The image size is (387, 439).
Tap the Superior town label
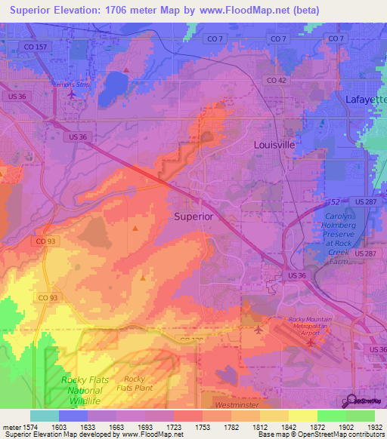(193, 216)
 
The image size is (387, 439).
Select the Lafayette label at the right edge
(366, 99)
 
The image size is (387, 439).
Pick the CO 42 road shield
(276, 80)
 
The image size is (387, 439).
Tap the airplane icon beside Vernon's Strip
(71, 94)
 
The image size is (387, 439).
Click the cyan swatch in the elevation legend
(45, 416)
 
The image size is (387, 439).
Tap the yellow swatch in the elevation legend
(303, 416)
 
